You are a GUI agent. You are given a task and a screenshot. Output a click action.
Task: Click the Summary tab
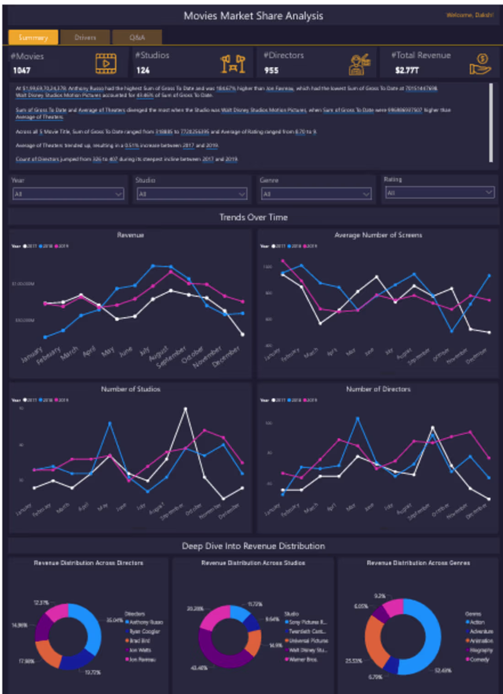[33, 38]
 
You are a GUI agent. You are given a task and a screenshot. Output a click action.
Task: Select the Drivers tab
[85, 38]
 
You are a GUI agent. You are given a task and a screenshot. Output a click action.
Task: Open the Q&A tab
[137, 38]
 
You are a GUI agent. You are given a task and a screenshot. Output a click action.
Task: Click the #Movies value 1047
[21, 70]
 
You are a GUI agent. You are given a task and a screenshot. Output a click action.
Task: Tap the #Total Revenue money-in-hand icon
[480, 65]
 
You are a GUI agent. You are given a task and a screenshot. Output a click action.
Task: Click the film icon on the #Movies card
[106, 64]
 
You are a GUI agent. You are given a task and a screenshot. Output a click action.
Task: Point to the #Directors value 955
[271, 70]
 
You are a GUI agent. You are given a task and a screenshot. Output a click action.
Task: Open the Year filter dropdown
[68, 194]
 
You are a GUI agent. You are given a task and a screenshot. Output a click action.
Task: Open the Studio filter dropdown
[192, 194]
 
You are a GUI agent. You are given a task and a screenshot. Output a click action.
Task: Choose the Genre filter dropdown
[316, 194]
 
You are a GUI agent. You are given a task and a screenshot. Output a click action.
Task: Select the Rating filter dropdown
[439, 193]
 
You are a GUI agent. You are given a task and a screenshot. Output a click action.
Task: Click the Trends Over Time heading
[253, 217]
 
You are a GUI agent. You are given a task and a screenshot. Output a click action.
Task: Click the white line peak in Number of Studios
[185, 408]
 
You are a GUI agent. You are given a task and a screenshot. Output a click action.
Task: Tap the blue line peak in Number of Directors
[358, 418]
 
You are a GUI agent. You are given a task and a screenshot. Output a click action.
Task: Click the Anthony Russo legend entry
[146, 622]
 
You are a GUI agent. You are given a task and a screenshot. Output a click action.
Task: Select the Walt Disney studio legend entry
[307, 650]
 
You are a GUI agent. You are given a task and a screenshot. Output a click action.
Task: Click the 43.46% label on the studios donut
[198, 668]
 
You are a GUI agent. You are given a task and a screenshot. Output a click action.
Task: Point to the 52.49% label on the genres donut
[443, 671]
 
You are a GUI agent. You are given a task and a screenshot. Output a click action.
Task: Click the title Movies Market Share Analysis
[253, 16]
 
